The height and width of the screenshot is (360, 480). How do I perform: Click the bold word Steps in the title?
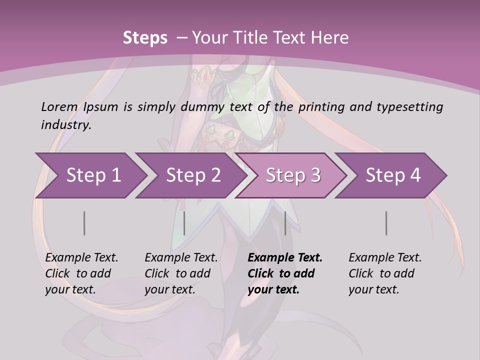(145, 38)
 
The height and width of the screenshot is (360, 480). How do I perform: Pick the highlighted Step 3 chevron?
(293, 175)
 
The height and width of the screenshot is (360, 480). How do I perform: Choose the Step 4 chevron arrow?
(393, 175)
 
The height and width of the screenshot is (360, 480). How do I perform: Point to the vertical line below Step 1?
(84, 223)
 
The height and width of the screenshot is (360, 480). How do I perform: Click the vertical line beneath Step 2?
(184, 223)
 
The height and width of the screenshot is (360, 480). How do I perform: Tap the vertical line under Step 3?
(285, 223)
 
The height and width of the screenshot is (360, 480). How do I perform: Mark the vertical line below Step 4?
(386, 223)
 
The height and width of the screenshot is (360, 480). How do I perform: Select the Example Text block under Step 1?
(81, 273)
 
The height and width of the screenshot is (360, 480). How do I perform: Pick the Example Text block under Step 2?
(181, 273)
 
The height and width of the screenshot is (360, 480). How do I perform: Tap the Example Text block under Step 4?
(385, 273)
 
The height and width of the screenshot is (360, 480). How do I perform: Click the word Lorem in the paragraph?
(59, 106)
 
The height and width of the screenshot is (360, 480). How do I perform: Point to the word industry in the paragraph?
(65, 124)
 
